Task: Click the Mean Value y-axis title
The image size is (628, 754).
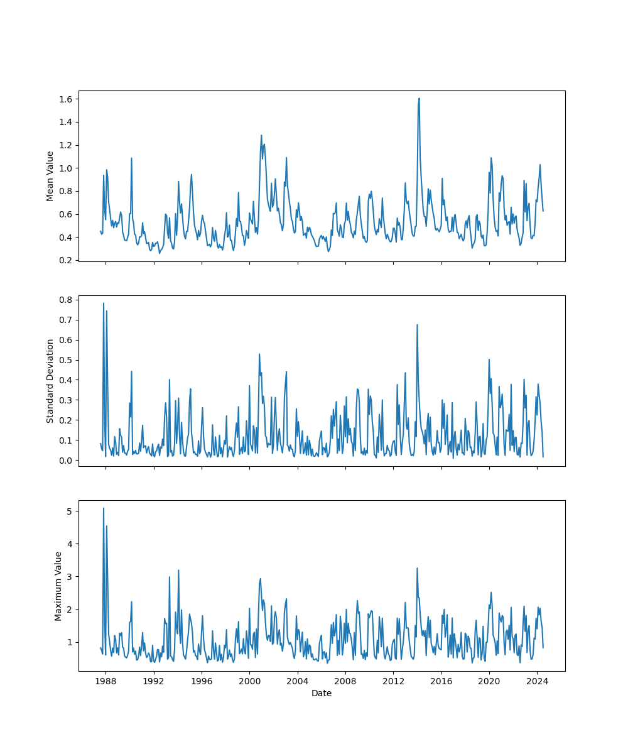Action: [50, 176]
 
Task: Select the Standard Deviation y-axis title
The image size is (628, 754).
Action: [50, 381]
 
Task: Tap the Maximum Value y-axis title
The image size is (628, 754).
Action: [58, 586]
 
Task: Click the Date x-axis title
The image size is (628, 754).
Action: [322, 693]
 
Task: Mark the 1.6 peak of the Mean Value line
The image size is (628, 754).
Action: [419, 98]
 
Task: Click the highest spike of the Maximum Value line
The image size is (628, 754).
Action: [104, 508]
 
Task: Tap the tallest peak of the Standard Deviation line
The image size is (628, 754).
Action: [104, 303]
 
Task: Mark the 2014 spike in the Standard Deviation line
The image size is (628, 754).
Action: [417, 325]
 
